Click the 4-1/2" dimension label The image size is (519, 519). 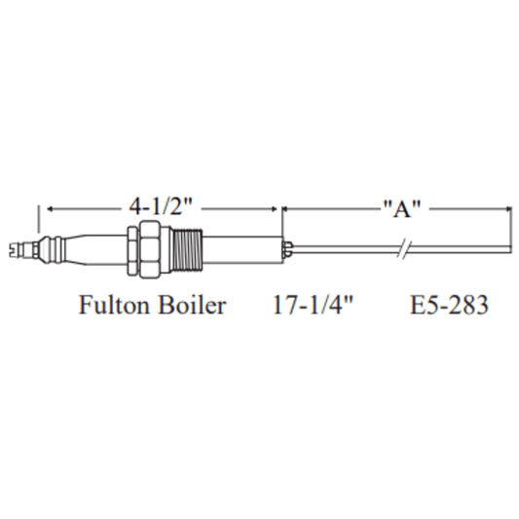click(x=161, y=206)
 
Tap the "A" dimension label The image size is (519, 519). click(x=402, y=208)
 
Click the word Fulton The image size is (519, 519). click(x=114, y=305)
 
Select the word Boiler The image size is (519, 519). click(x=192, y=305)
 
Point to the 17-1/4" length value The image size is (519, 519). click(x=313, y=305)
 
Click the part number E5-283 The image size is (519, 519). click(x=449, y=305)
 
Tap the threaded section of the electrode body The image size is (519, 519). click(x=188, y=250)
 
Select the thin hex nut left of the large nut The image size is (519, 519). click(x=132, y=250)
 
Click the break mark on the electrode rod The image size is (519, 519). click(x=404, y=249)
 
